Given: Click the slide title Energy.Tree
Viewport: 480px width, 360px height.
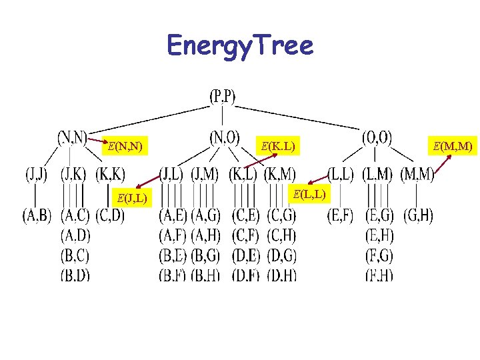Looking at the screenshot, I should pyautogui.click(x=239, y=46).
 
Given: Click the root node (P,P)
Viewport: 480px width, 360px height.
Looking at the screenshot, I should pyautogui.click(x=223, y=97).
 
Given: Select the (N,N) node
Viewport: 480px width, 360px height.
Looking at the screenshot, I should pyautogui.click(x=71, y=138).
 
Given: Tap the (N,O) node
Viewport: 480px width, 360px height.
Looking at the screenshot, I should pyautogui.click(x=225, y=138).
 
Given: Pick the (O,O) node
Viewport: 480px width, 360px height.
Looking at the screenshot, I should pyautogui.click(x=377, y=138).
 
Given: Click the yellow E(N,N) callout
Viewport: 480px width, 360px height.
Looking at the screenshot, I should pyautogui.click(x=125, y=145).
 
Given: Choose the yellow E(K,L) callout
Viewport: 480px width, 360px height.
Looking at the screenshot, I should pyautogui.click(x=278, y=145).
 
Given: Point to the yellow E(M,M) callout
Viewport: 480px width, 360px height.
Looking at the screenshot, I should pyautogui.click(x=453, y=145).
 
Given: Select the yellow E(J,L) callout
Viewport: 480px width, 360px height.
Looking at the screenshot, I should pyautogui.click(x=132, y=197).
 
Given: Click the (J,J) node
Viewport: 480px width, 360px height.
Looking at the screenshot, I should pyautogui.click(x=38, y=176).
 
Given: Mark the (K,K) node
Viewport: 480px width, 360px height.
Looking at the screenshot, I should pyautogui.click(x=109, y=176).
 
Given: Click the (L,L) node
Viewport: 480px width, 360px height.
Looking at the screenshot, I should pyautogui.click(x=342, y=176).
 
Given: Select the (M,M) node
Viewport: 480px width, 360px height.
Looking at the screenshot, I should pyautogui.click(x=417, y=176).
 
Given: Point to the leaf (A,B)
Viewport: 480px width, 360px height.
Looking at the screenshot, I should pyautogui.click(x=37, y=216).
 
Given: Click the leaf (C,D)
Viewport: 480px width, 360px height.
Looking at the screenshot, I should pyautogui.click(x=110, y=216).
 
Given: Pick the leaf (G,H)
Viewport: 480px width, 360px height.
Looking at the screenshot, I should pyautogui.click(x=416, y=216).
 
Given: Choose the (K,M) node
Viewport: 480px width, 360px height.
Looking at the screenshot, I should pyautogui.click(x=280, y=176).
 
